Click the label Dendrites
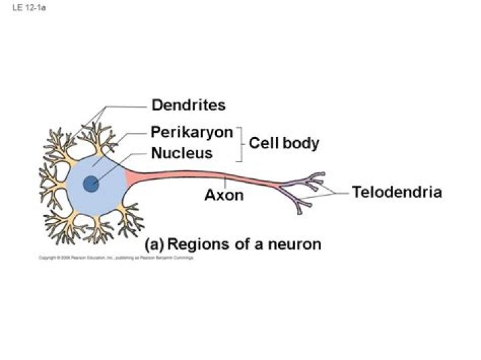click(188, 105)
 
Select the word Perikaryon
click(192, 132)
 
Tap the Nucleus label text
click(182, 153)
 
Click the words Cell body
click(284, 143)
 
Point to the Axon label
click(224, 196)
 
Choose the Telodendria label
click(397, 192)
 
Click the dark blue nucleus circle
click(92, 184)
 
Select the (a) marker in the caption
click(154, 244)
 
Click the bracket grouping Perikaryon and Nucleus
click(240, 143)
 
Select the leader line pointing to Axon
click(225, 183)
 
